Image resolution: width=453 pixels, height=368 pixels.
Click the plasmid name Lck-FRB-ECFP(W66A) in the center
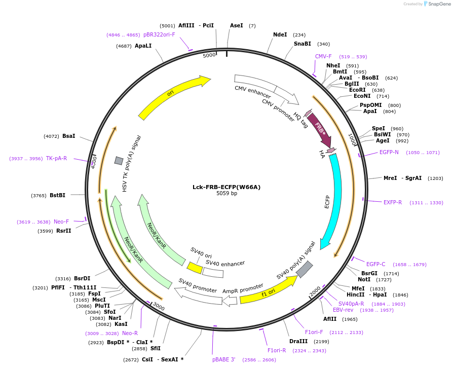(226, 187)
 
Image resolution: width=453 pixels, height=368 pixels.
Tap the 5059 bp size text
(226, 194)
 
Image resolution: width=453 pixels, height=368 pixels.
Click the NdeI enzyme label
(280, 35)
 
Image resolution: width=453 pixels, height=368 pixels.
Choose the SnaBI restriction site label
(303, 44)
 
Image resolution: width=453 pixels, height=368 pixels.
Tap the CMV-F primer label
(323, 57)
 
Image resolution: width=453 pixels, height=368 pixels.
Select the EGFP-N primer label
(389, 152)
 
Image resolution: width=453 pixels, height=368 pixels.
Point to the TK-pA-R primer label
(56, 158)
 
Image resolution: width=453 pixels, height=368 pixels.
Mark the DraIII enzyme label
(298, 341)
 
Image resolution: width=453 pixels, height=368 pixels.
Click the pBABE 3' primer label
(223, 359)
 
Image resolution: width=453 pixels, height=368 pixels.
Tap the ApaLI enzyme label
(143, 46)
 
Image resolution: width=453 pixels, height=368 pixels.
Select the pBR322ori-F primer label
(159, 35)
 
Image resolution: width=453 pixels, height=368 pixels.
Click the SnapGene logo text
(438, 4)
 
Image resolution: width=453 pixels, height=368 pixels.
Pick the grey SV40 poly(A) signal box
(304, 269)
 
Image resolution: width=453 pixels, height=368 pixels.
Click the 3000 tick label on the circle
(159, 308)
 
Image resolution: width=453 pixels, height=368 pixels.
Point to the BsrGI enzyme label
(369, 273)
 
